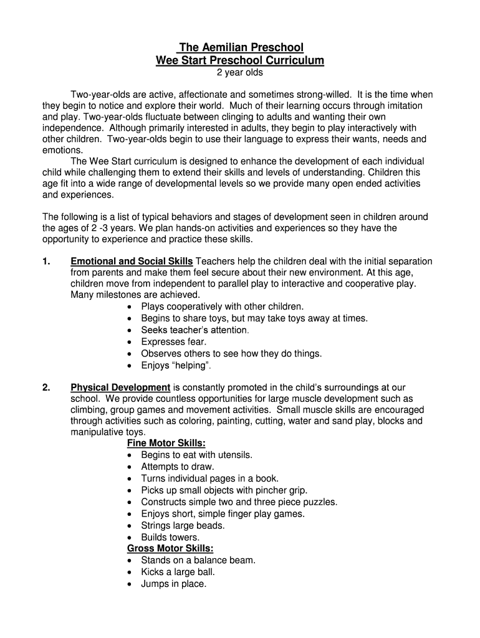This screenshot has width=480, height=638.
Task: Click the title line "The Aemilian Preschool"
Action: point(240,47)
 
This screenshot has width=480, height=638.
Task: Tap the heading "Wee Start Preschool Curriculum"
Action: point(240,60)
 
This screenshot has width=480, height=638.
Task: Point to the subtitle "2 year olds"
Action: point(240,72)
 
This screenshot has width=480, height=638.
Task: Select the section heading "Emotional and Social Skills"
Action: point(132,261)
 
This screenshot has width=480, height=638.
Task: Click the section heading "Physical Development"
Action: point(120,387)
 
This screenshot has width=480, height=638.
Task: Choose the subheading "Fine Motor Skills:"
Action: point(166,443)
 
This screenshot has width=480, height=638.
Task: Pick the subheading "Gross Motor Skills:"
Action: point(170,548)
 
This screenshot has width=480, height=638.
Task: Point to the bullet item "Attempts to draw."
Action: point(177,467)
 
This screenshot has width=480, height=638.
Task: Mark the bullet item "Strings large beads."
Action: point(183,525)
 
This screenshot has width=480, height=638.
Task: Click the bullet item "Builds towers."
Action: point(170,537)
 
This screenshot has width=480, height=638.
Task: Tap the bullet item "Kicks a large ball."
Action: point(178,572)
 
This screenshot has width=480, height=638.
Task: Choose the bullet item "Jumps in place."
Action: point(173,584)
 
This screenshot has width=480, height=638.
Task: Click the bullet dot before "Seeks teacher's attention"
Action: point(129,330)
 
